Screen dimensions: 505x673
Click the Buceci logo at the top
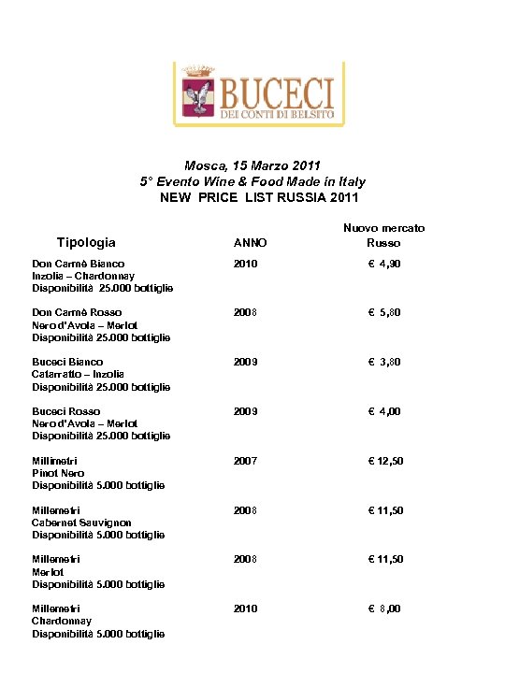click(252, 93)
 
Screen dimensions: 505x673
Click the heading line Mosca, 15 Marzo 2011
click(252, 165)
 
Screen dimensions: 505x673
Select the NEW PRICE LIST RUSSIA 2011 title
click(259, 197)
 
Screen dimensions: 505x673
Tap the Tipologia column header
click(86, 242)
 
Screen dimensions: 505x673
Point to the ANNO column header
click(250, 243)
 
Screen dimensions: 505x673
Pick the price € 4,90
click(383, 265)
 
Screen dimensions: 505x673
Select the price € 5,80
click(383, 313)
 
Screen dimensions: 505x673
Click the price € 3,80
click(383, 362)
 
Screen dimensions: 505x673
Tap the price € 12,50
click(384, 461)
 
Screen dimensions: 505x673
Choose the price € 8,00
click(383, 609)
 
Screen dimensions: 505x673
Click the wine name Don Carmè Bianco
click(79, 265)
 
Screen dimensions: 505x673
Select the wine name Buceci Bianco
click(67, 362)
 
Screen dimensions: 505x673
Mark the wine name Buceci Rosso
click(65, 411)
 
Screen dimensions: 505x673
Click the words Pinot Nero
click(58, 473)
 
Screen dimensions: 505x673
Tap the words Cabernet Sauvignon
click(81, 523)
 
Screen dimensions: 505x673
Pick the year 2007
click(245, 461)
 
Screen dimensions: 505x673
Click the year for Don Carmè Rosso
click(245, 313)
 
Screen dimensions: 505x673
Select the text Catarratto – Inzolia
click(79, 374)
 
